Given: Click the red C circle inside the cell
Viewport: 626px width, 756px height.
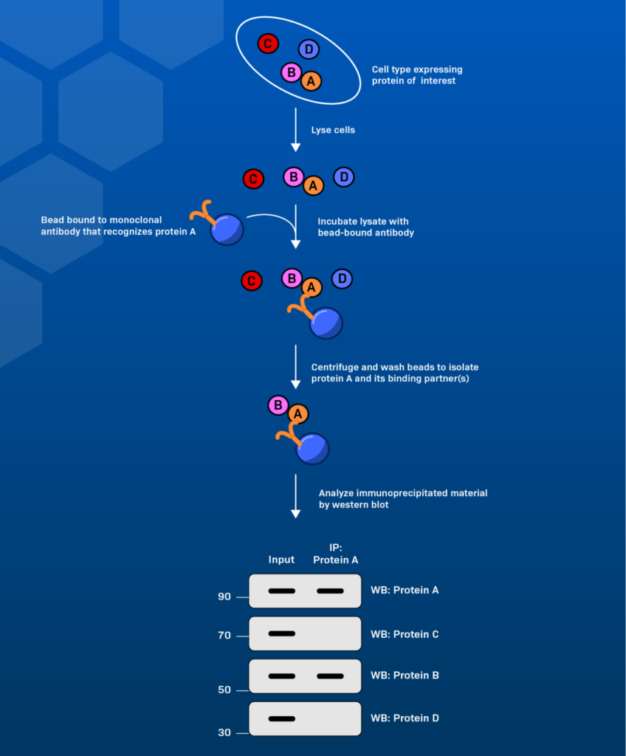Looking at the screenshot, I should point(267,44).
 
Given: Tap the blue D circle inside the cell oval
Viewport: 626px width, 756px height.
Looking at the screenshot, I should point(309,49).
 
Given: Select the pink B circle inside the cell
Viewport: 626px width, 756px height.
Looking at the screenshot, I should point(292,72).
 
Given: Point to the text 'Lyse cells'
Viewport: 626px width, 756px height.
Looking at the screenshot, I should point(333,130).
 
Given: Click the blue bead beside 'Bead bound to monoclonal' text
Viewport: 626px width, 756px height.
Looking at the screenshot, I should point(227,229).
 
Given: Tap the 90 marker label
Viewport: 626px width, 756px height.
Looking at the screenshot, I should point(224,597).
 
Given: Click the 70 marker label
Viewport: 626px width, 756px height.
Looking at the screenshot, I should point(224,635).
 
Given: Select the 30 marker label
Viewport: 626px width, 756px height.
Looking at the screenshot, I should point(224,732).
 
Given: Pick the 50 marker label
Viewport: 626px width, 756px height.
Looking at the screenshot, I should point(224,690).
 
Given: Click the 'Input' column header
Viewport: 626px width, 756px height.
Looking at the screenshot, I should point(281,560).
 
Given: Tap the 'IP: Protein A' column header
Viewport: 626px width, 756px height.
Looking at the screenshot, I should point(335,553).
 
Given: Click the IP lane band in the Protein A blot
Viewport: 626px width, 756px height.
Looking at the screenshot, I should point(330,591).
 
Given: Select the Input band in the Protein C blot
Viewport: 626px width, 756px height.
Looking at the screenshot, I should point(281,633).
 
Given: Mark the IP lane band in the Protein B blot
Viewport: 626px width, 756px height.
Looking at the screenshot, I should point(330,676).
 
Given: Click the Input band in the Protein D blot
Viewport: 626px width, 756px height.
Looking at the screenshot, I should point(281,718).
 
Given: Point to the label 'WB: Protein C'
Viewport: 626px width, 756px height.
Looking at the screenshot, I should point(405,634).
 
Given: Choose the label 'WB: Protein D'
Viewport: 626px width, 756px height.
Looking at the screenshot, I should point(405,718).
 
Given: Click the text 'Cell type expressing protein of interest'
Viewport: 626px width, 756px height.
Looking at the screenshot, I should point(417,75).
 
